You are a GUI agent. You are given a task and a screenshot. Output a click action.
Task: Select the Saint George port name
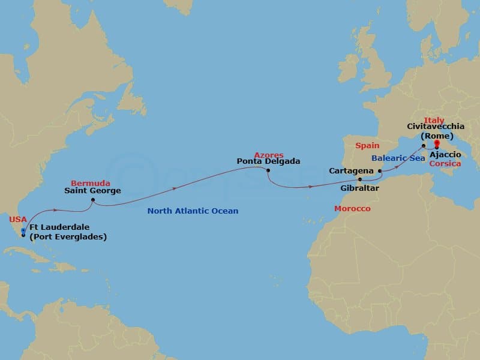(x=93, y=191)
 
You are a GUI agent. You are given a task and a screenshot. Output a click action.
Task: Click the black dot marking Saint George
(x=93, y=200)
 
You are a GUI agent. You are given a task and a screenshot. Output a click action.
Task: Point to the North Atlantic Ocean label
(x=193, y=211)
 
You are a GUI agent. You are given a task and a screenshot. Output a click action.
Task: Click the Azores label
(x=268, y=155)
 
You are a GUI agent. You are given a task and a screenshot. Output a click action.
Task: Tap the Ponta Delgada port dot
(x=268, y=170)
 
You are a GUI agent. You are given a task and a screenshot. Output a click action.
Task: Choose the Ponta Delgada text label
(x=268, y=161)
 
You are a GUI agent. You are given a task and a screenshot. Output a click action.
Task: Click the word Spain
(x=367, y=146)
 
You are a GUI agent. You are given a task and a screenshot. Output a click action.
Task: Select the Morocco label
(x=352, y=208)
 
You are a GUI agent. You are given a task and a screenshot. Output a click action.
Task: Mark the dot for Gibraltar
(x=360, y=179)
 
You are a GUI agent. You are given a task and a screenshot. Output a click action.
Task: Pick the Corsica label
(x=444, y=163)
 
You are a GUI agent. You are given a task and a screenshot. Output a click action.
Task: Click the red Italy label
(x=434, y=121)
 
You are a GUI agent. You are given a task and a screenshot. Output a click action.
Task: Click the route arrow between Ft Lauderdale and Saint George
(x=55, y=210)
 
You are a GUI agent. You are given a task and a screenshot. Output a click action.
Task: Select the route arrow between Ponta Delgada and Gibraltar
(x=310, y=187)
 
